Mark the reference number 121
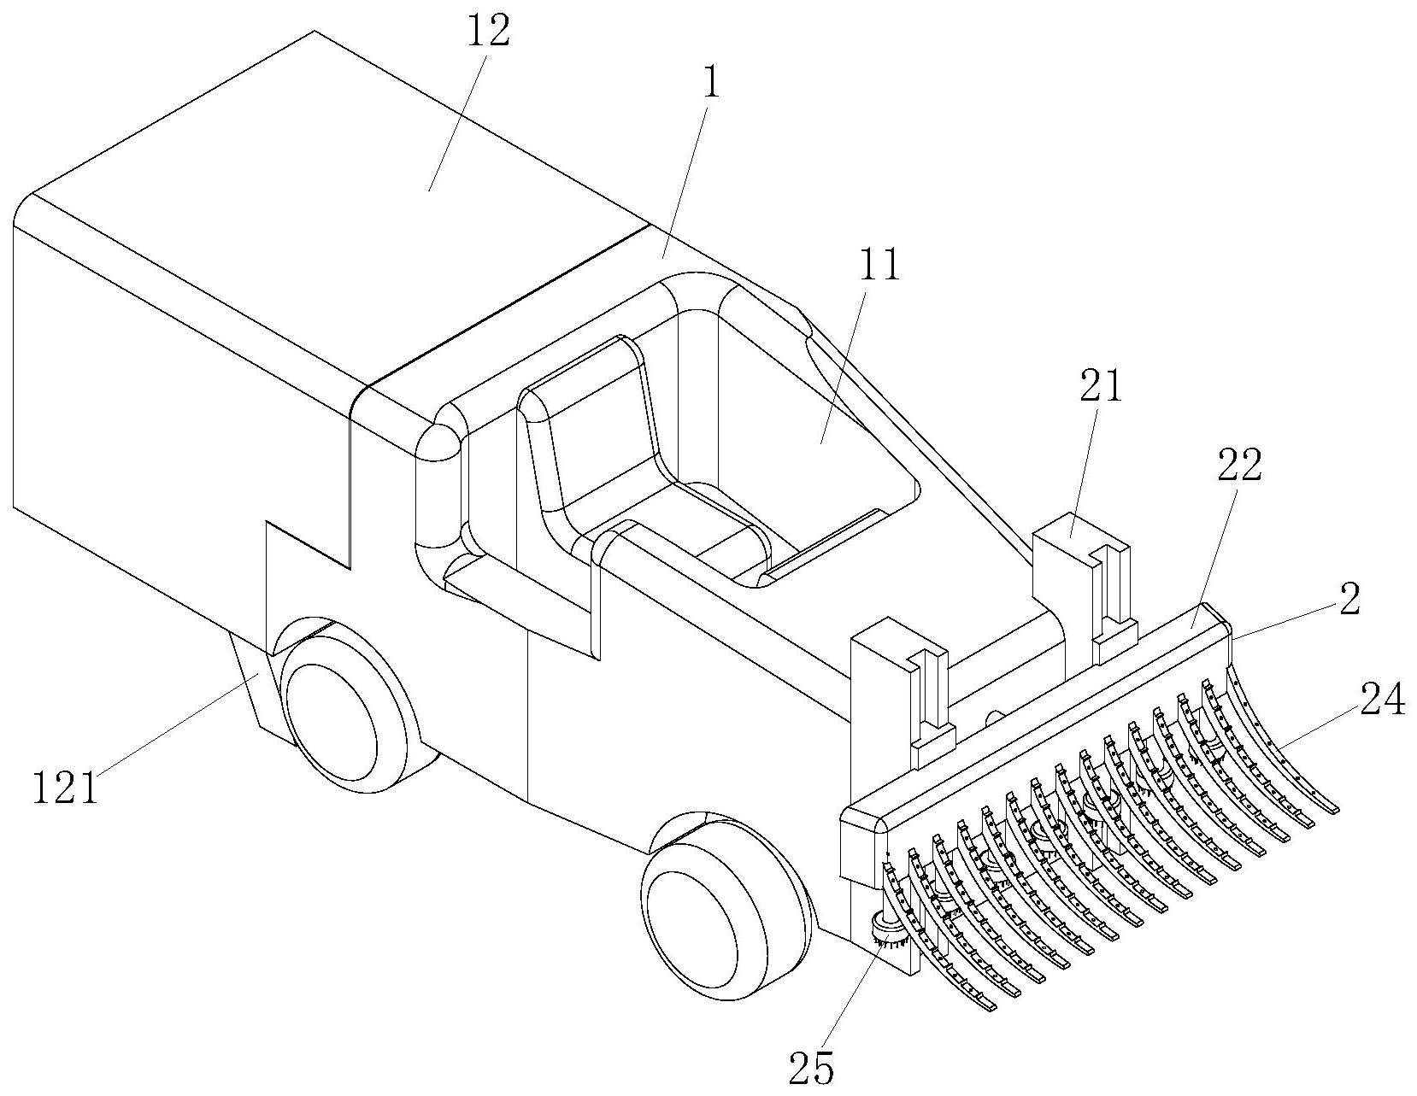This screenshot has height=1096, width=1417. (65, 788)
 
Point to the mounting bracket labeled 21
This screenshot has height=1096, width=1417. (1079, 581)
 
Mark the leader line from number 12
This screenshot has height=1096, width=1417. (457, 120)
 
